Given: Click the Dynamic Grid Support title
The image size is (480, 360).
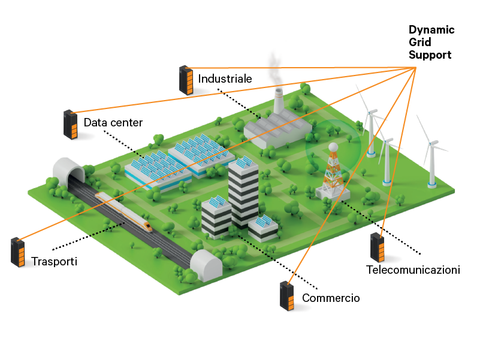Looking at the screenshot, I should [x=431, y=43].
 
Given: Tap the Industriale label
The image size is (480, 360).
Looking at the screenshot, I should [x=225, y=78].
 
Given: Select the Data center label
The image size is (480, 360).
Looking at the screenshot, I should [x=113, y=123].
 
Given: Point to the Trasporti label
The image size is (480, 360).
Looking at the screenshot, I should [x=55, y=262].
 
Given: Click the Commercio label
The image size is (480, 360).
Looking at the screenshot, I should [x=331, y=298].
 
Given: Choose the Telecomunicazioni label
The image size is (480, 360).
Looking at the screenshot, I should [x=413, y=270].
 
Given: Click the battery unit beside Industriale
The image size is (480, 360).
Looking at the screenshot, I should [x=186, y=81].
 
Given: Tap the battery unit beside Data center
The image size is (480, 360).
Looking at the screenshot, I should [x=71, y=125].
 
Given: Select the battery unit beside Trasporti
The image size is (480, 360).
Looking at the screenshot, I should [x=19, y=252].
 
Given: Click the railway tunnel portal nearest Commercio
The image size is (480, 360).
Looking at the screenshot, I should [x=207, y=265].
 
